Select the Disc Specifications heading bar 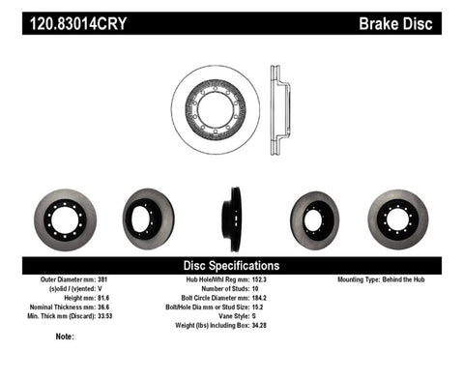tap(231, 265)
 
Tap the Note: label tap(65, 336)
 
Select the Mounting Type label tap(365, 279)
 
